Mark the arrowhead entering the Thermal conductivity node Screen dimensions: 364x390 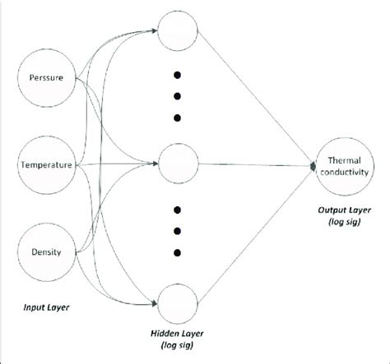click(313, 165)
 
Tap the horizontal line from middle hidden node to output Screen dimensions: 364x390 click(255, 165)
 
